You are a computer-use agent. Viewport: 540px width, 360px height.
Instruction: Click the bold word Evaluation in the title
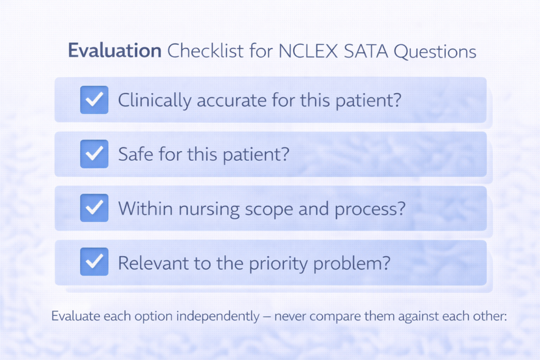[114, 52]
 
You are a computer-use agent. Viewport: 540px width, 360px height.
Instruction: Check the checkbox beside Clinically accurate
[94, 100]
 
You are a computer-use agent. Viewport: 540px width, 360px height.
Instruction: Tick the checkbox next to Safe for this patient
[94, 154]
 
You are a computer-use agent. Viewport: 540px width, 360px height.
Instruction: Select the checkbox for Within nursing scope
[94, 208]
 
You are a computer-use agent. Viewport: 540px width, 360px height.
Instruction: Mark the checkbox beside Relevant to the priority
[94, 262]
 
